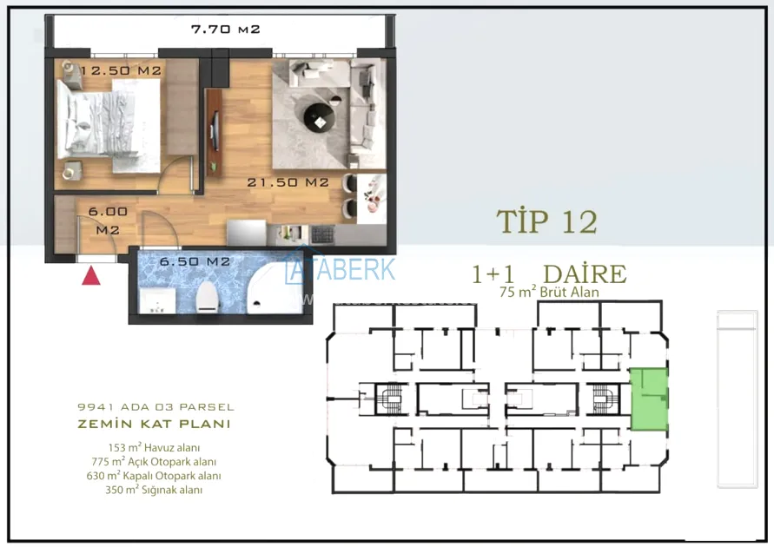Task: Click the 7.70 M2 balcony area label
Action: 225,30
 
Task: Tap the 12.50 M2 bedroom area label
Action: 121,70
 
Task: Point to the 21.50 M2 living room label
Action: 288,182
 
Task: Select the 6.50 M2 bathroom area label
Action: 195,261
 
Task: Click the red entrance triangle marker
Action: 91,276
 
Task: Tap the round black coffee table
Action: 320,119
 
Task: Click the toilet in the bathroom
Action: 207,298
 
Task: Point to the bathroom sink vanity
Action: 157,300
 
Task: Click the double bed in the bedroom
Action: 109,126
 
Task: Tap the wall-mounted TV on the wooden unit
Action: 215,130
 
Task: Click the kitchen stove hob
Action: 322,234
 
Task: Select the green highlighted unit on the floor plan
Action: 650,399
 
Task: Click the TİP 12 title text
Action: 547,221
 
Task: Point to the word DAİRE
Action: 585,273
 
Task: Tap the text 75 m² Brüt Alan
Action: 549,292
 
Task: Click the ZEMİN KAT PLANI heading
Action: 154,424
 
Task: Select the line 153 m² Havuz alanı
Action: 154,448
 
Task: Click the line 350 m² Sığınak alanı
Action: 154,490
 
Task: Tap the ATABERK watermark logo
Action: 341,269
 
